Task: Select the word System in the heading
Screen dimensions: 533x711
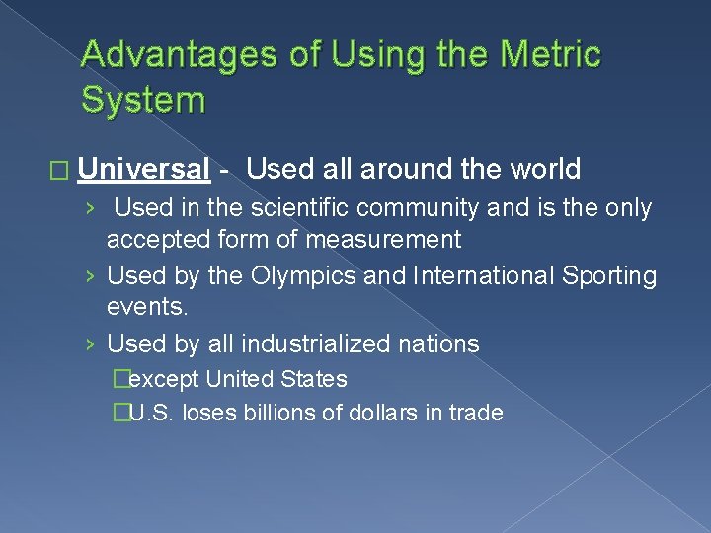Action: (x=143, y=99)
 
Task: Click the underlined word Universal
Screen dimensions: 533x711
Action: (x=144, y=170)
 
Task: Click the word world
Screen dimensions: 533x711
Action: (x=545, y=170)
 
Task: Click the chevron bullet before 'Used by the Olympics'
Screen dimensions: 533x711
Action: (x=90, y=277)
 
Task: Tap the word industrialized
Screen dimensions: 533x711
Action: (x=303, y=344)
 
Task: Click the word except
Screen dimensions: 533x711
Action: (x=165, y=379)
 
